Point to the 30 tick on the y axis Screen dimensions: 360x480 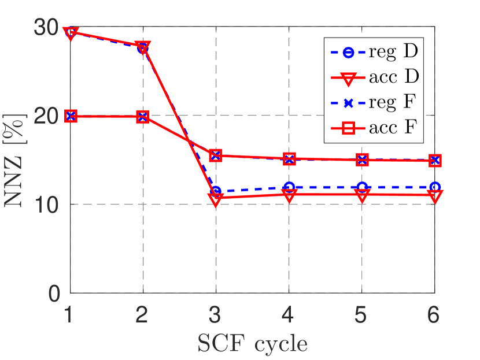pyautogui.click(x=46, y=27)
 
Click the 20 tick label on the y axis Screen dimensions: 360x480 pyautogui.click(x=46, y=116)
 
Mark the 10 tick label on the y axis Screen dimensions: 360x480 pyautogui.click(x=46, y=205)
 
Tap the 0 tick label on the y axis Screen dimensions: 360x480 pyautogui.click(x=53, y=293)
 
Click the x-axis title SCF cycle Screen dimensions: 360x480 pyautogui.click(x=253, y=343)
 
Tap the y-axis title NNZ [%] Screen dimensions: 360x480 pyautogui.click(x=17, y=160)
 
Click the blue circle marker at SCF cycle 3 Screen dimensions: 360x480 pyautogui.click(x=216, y=191)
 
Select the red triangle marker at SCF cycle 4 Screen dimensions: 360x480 pyautogui.click(x=289, y=195)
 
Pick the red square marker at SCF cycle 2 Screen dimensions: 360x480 pyautogui.click(x=143, y=117)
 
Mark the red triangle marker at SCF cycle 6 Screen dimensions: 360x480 pyautogui.click(x=435, y=196)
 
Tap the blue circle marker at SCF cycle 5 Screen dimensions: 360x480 pyautogui.click(x=362, y=187)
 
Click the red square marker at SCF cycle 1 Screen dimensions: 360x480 pyautogui.click(x=70, y=116)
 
